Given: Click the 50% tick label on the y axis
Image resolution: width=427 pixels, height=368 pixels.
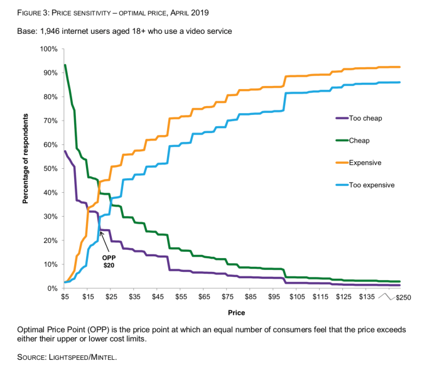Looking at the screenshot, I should [x=51, y=168].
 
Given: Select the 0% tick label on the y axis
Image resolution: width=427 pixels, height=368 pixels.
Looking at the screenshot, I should [x=53, y=288].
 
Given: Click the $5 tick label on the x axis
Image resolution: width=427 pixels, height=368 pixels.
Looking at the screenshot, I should [x=65, y=297].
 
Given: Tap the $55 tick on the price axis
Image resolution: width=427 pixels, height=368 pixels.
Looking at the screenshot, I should [x=181, y=297].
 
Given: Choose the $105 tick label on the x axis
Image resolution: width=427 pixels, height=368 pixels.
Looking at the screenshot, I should [x=297, y=297].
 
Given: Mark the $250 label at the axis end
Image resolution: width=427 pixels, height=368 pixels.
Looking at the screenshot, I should [x=401, y=298].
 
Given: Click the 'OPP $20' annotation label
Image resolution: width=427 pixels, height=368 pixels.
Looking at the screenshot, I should [x=109, y=261].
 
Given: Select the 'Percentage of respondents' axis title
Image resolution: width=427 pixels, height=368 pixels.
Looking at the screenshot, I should [x=26, y=158].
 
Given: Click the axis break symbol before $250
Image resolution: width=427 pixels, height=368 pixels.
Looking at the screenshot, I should [x=384, y=297].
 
